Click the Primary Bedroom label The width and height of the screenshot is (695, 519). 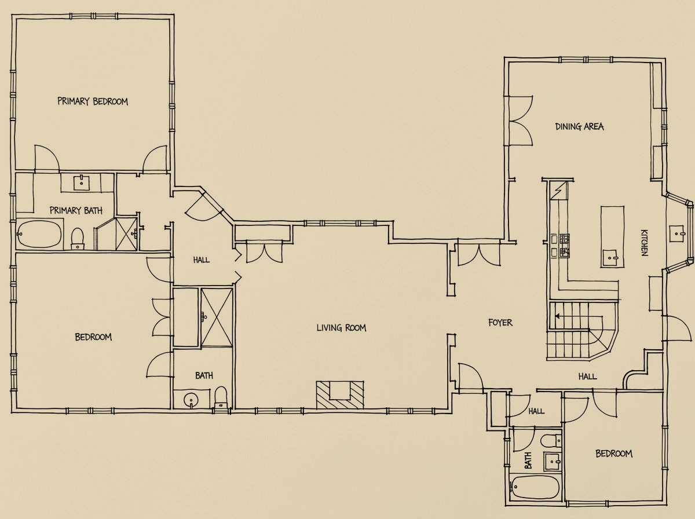[x=93, y=101]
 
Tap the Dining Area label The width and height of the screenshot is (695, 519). [x=579, y=127]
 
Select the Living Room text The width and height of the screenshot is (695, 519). [x=341, y=328]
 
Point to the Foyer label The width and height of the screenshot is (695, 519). [x=500, y=323]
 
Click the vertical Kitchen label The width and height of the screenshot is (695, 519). [x=644, y=243]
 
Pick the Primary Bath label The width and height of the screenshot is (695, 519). [x=76, y=211]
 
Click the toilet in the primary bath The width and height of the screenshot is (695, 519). [x=77, y=238]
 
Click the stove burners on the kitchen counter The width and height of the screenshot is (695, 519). [x=564, y=246]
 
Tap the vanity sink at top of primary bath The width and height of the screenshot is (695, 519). [x=82, y=182]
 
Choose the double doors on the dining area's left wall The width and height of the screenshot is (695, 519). [x=521, y=120]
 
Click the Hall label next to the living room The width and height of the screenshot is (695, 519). [x=202, y=260]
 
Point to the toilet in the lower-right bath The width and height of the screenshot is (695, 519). [x=551, y=440]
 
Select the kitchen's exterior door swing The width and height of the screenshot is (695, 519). [x=678, y=328]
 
